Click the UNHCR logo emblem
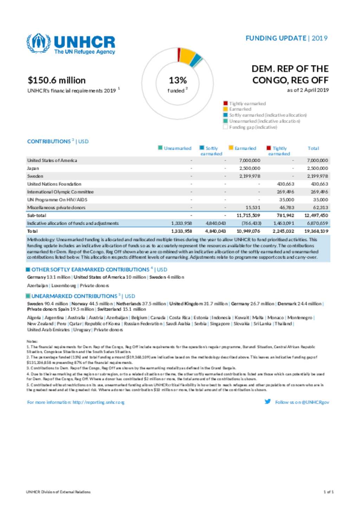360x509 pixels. point(38,43)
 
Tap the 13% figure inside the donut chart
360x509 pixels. point(178,80)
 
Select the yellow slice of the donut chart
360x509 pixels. point(187,56)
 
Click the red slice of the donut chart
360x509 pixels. point(179,54)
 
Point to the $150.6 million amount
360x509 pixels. point(57,80)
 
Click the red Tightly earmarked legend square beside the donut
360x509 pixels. point(225,103)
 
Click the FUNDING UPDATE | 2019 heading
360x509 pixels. point(286,38)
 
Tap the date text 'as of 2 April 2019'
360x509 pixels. point(308,90)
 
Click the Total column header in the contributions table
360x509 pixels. point(313,148)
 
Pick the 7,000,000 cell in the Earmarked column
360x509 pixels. point(250,161)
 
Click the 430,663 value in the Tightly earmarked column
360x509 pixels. point(285,184)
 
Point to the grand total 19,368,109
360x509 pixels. point(317,231)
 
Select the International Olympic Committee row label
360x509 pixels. point(60,192)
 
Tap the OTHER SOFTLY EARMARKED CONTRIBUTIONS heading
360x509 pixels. point(90,269)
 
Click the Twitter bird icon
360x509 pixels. point(268,402)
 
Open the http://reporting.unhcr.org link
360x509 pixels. point(98,402)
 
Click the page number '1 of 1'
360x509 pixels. point(328,492)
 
